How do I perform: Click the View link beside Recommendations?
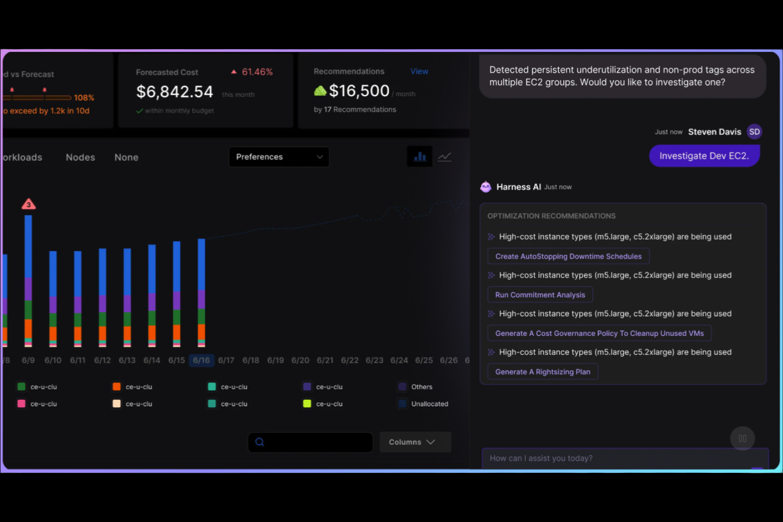(419, 71)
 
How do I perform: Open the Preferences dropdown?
(279, 157)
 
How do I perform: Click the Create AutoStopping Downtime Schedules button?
(568, 257)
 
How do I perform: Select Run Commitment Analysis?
(540, 295)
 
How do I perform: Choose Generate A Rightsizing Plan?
(542, 372)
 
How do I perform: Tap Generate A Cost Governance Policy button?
(599, 333)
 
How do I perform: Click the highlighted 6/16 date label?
(201, 360)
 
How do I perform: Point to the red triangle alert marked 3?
(29, 204)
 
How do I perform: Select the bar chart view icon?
(420, 157)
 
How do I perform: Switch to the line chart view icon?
(444, 157)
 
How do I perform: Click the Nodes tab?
(80, 158)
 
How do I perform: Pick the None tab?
(126, 158)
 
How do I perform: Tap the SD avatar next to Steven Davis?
(754, 132)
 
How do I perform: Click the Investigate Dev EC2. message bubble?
(704, 156)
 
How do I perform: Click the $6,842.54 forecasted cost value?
(175, 92)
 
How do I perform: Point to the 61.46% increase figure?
(257, 72)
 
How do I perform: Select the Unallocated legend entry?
(429, 404)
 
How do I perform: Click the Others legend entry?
(421, 387)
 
